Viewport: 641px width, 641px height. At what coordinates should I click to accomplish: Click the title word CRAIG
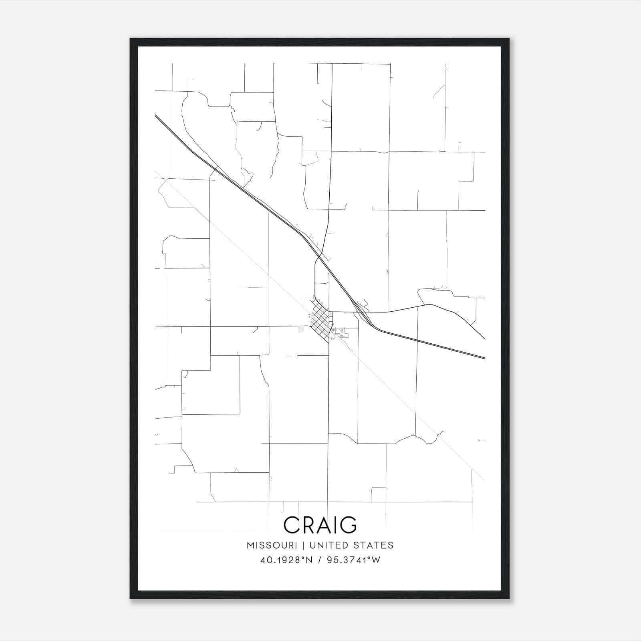(x=320, y=525)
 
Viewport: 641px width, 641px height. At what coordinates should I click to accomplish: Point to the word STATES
(x=374, y=545)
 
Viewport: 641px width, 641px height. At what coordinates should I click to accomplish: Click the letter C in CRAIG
(x=292, y=525)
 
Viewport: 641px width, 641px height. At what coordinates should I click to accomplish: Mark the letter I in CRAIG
(x=334, y=525)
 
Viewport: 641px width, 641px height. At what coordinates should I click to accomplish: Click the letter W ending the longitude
(x=376, y=560)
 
